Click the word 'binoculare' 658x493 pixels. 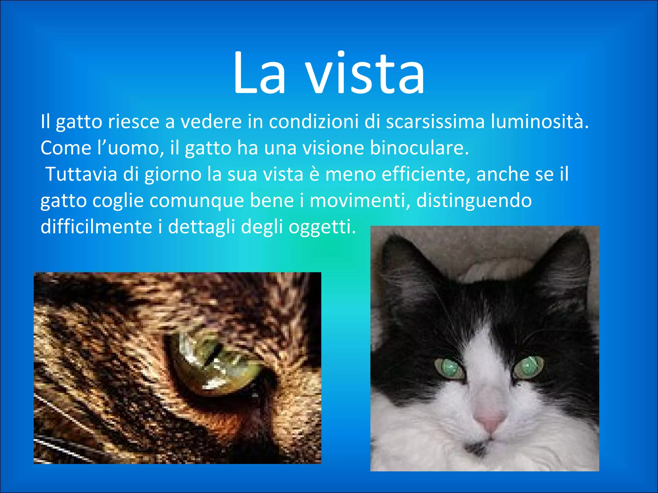click(x=419, y=148)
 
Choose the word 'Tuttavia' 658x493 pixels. click(x=81, y=174)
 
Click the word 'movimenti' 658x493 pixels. click(x=360, y=201)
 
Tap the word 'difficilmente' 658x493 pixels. click(x=96, y=227)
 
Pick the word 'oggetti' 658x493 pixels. click(x=322, y=227)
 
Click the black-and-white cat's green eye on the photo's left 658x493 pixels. click(x=448, y=368)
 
